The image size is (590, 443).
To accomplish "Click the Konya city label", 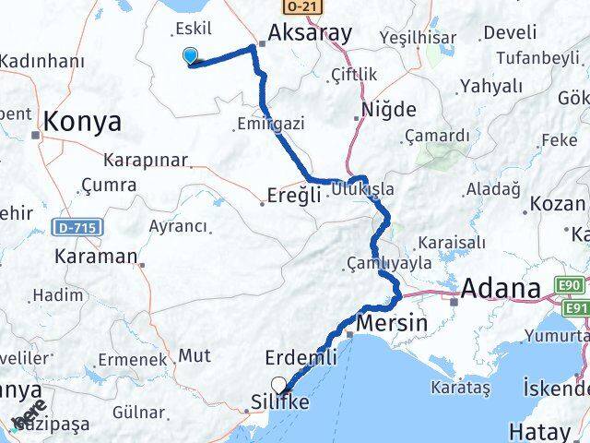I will point(82,121).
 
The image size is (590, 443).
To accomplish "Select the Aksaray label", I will point(309,34).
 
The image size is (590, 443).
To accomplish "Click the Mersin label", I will point(391,323).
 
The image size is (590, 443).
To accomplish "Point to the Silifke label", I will point(280,403).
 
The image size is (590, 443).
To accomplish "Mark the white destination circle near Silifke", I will point(278,386).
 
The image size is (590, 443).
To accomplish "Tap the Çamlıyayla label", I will point(389,261).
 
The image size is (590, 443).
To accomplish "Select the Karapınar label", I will point(145,160).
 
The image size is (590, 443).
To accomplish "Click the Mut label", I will point(194,354).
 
